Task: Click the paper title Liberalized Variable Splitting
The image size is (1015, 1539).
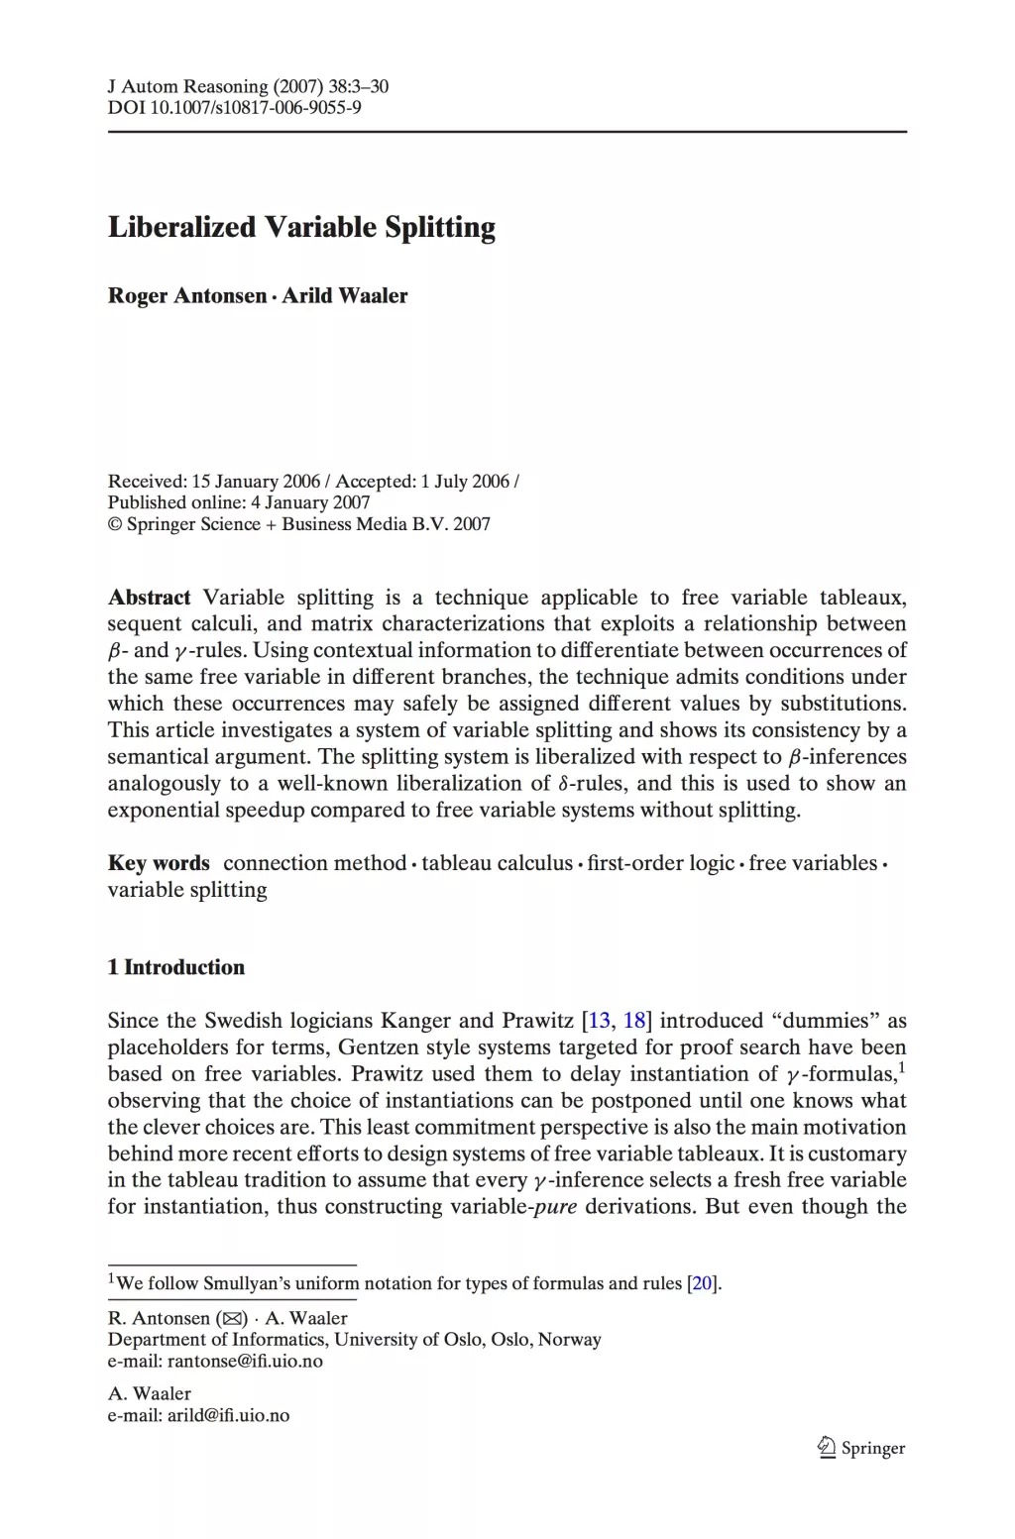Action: pyautogui.click(x=301, y=228)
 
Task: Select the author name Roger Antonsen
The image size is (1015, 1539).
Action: pyautogui.click(x=187, y=296)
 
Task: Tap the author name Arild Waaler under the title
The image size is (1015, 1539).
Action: pyautogui.click(x=345, y=296)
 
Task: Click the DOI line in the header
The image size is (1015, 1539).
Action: pyautogui.click(x=234, y=107)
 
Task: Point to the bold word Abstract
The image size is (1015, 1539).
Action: pyautogui.click(x=149, y=598)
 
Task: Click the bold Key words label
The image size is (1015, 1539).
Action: pyautogui.click(x=159, y=863)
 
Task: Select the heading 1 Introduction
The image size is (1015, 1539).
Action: pyautogui.click(x=176, y=967)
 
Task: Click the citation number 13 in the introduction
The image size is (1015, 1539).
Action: pyautogui.click(x=600, y=1021)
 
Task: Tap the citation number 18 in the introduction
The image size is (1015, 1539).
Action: pyautogui.click(x=634, y=1021)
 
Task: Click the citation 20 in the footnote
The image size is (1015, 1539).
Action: pyautogui.click(x=702, y=1283)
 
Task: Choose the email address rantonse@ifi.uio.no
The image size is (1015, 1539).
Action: pyautogui.click(x=245, y=1362)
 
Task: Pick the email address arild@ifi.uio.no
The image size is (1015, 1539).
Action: pyautogui.click(x=228, y=1415)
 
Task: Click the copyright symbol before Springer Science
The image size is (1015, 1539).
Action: pyautogui.click(x=114, y=524)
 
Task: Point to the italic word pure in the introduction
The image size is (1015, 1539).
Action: pyautogui.click(x=555, y=1207)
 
